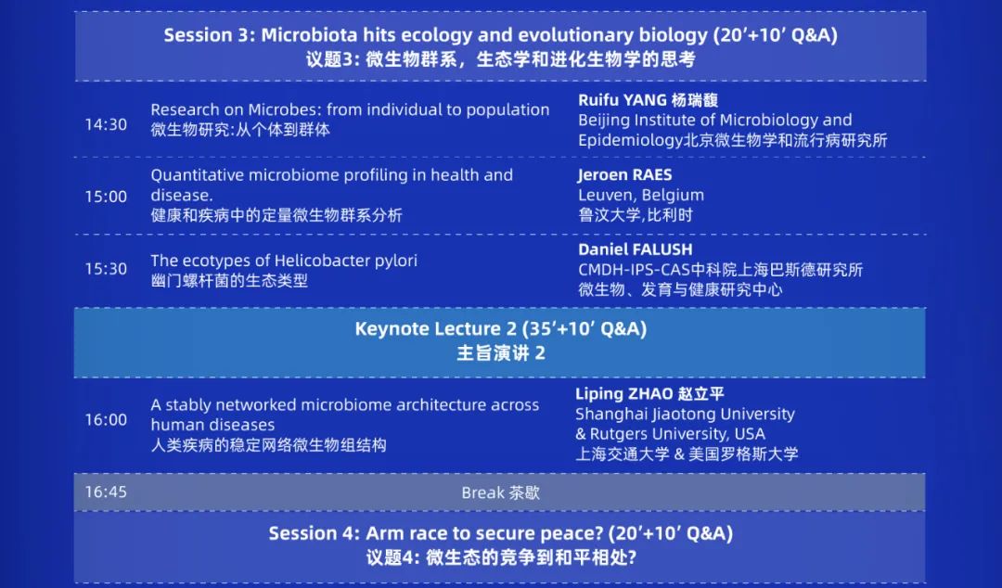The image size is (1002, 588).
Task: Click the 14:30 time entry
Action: (106, 124)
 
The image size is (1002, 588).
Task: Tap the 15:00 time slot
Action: (106, 197)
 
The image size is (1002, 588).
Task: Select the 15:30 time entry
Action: (106, 268)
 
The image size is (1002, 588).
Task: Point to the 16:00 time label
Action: (106, 419)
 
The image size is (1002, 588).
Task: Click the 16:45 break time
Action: (106, 492)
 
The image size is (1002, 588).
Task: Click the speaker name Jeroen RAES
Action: (625, 174)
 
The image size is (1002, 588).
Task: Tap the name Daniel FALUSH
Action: (636, 249)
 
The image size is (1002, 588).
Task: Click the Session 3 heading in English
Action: (500, 34)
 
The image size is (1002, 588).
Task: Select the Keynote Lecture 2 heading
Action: (500, 328)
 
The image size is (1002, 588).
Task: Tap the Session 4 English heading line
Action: (500, 533)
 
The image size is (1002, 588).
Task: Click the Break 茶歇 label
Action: (500, 492)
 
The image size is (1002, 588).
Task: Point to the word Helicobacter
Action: (316, 261)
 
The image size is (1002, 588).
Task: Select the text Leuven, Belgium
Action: (641, 195)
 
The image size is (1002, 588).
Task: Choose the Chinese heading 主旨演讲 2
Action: (500, 352)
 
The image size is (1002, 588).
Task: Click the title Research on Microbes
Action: (236, 109)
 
